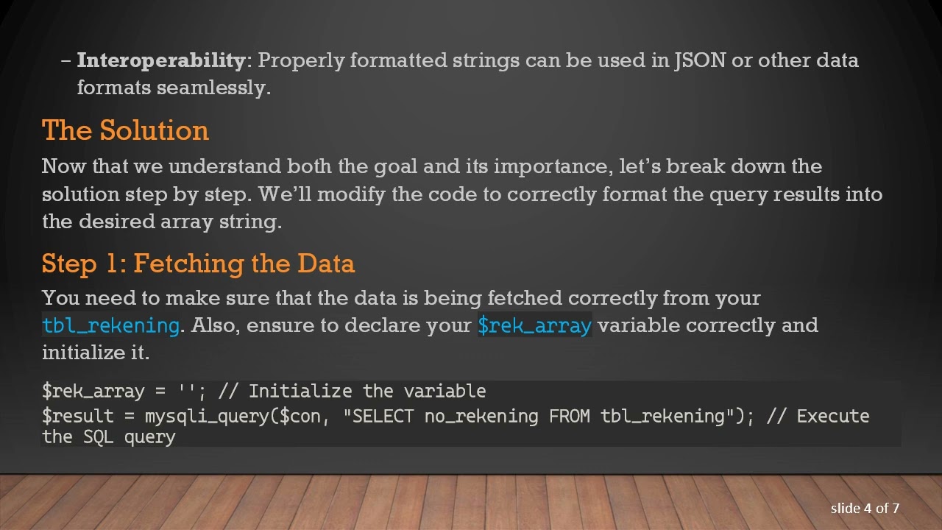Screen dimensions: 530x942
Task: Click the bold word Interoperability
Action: coord(160,60)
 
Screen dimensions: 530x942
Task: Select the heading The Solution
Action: coord(125,130)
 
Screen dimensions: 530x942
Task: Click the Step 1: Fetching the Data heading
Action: coord(198,264)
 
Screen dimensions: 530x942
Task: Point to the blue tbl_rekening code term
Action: coord(110,325)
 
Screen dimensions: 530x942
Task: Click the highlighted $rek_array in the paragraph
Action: coord(534,325)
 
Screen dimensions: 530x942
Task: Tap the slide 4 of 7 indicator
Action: coord(865,508)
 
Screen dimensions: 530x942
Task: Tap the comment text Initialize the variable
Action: coord(367,391)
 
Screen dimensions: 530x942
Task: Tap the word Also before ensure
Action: coord(214,325)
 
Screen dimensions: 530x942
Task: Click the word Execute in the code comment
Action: coord(833,416)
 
